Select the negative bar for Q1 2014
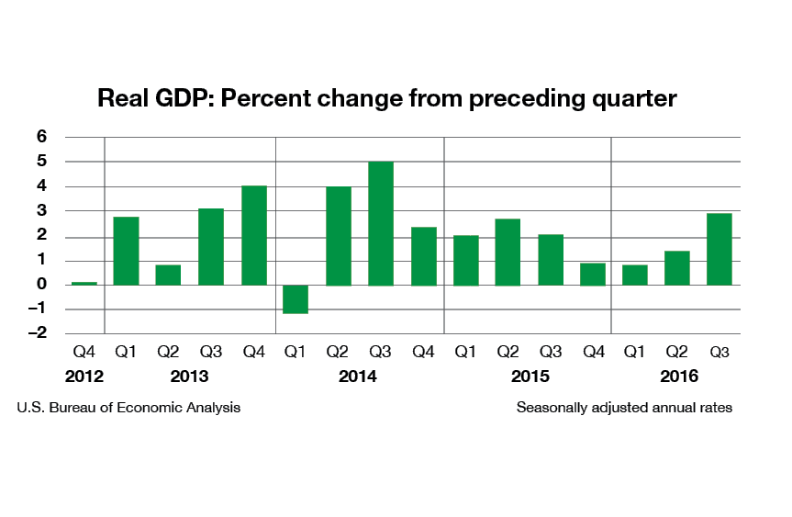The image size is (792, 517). pos(296,299)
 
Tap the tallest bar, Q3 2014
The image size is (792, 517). pos(381,223)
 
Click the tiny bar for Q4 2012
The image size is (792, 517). pos(84,283)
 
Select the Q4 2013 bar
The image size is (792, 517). pos(253,235)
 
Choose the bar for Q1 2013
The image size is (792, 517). pos(126,251)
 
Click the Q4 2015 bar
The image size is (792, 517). pos(592,274)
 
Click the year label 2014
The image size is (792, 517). pos(358,377)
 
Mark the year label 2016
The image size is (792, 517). pos(679,377)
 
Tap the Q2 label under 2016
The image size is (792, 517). pos(675,351)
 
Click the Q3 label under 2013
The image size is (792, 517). pos(210,351)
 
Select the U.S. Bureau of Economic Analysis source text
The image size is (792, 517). pos(128,407)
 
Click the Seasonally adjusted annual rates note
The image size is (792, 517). pos(624,407)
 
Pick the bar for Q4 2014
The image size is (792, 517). pos(423,255)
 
